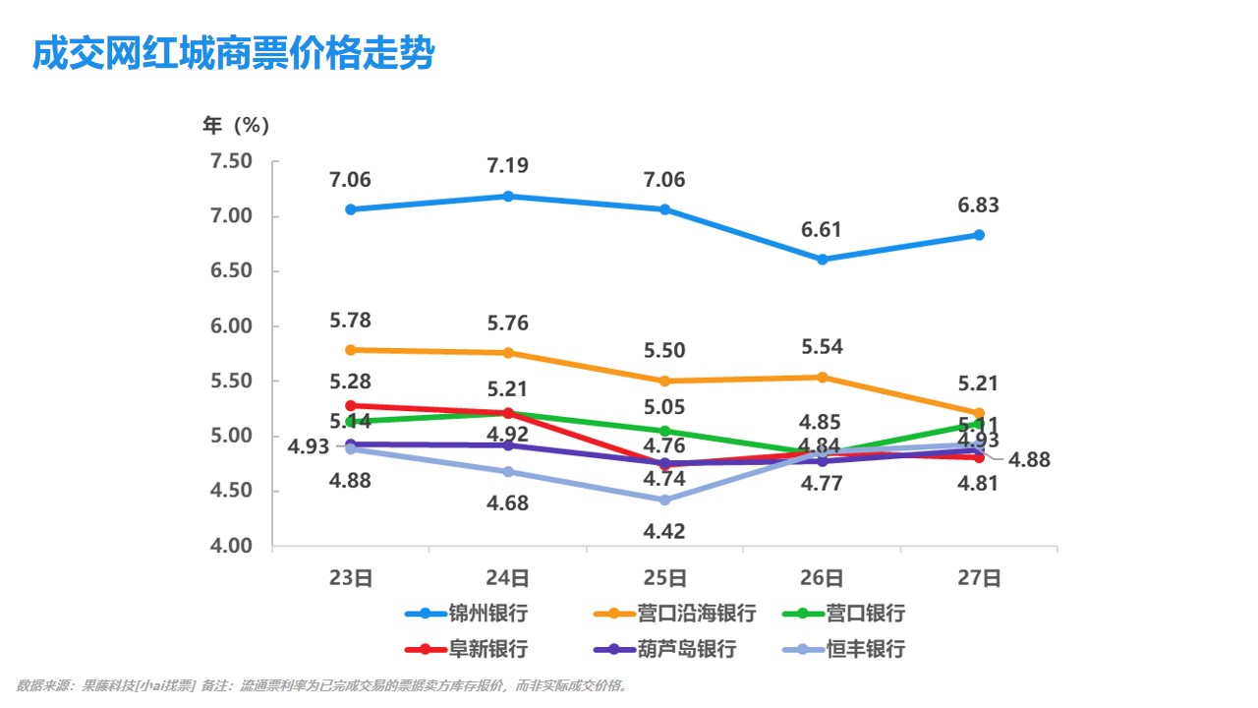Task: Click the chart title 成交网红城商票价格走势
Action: (x=233, y=54)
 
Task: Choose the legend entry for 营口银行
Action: (x=866, y=614)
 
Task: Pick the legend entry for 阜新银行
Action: (x=488, y=649)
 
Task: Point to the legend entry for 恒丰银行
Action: (x=866, y=649)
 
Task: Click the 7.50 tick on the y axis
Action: (x=232, y=161)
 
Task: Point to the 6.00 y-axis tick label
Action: (x=232, y=326)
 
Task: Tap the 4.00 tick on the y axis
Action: (x=232, y=546)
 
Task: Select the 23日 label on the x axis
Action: (x=350, y=578)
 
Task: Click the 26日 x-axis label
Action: (x=822, y=578)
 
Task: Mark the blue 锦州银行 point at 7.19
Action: (x=508, y=197)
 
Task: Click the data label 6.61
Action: (x=822, y=230)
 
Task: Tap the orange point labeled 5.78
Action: (x=351, y=350)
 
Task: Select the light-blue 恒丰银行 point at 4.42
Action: (x=665, y=501)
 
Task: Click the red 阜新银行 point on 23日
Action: (x=351, y=405)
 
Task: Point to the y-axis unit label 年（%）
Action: (x=236, y=126)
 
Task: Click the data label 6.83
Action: (x=978, y=206)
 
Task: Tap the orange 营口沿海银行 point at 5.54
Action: (x=823, y=377)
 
